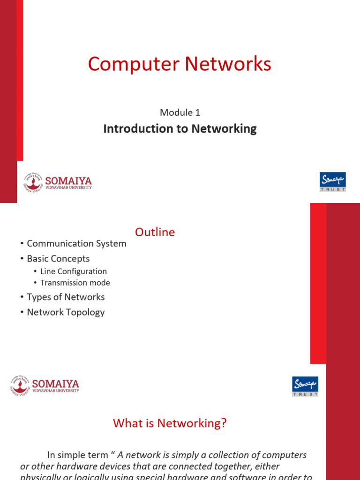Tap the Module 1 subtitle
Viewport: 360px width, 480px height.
click(180, 112)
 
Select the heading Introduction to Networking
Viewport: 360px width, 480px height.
click(180, 128)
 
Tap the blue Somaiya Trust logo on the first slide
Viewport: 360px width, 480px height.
click(332, 182)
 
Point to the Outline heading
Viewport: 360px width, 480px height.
click(155, 232)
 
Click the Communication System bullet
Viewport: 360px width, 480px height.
click(76, 243)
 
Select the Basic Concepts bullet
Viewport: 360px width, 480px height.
click(58, 258)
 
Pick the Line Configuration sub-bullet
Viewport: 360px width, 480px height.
click(74, 271)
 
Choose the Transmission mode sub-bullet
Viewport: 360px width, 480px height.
click(75, 283)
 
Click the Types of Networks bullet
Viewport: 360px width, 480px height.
click(66, 297)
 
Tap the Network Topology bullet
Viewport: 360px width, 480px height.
click(66, 312)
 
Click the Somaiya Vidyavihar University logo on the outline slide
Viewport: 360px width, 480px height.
click(44, 387)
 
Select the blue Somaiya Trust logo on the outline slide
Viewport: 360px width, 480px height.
click(305, 386)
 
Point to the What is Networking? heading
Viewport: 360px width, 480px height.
click(170, 423)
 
